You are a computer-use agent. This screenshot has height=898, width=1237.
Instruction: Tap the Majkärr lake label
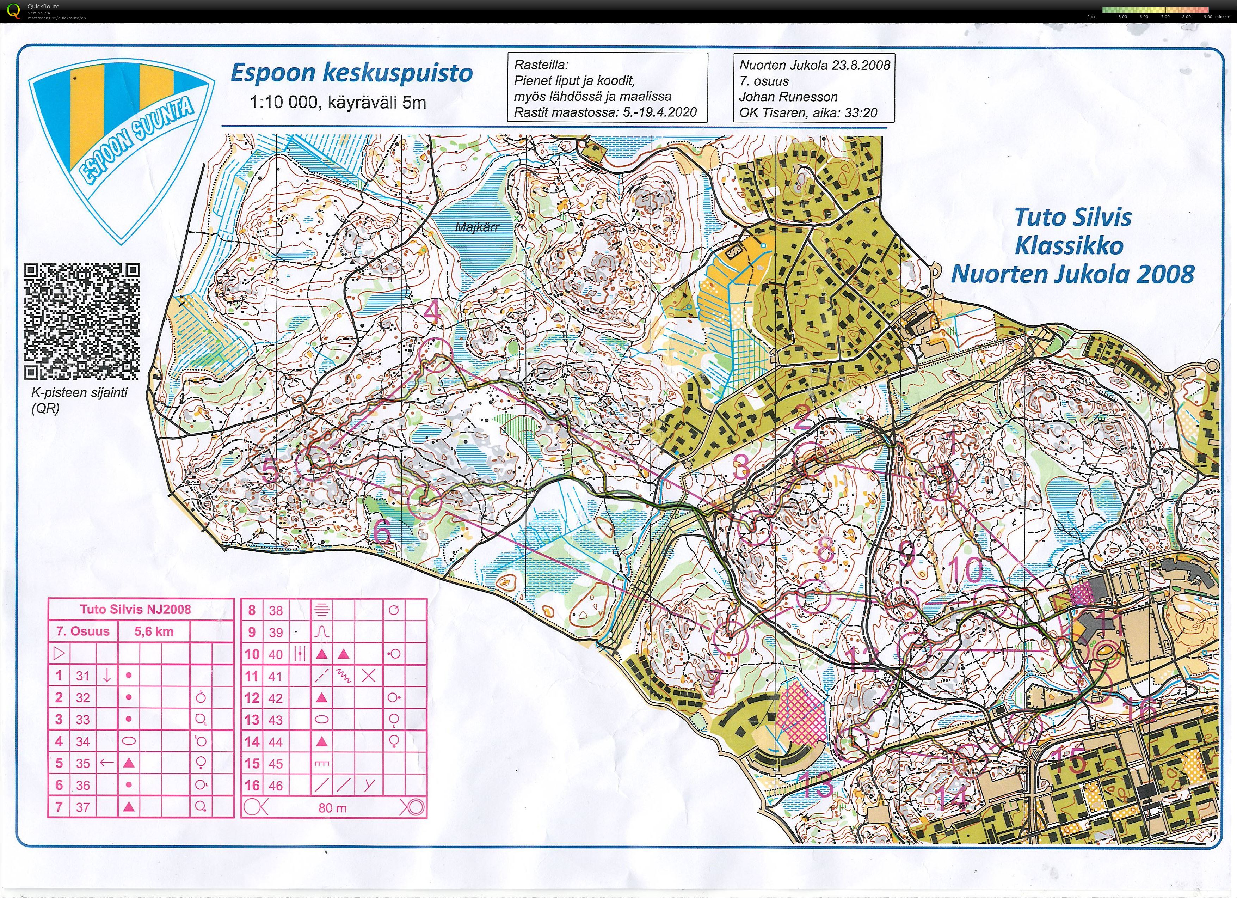click(477, 227)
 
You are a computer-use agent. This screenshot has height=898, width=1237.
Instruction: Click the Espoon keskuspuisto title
click(351, 73)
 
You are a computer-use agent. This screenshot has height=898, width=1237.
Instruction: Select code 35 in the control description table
click(82, 763)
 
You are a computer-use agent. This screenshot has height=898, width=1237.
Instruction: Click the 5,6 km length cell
click(154, 632)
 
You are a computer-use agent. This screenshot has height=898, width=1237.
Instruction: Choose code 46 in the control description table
click(276, 786)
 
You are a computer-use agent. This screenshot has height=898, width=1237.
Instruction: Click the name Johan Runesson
click(788, 97)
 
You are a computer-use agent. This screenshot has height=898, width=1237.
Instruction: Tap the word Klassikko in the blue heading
click(1069, 246)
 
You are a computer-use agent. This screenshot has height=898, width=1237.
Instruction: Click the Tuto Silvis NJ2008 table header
click(135, 609)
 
